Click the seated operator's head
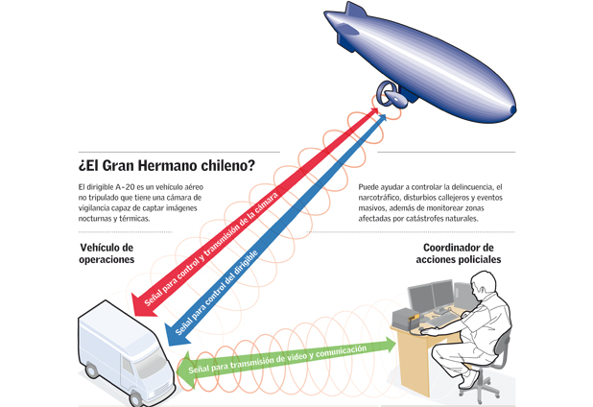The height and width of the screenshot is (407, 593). [x=483, y=285]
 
